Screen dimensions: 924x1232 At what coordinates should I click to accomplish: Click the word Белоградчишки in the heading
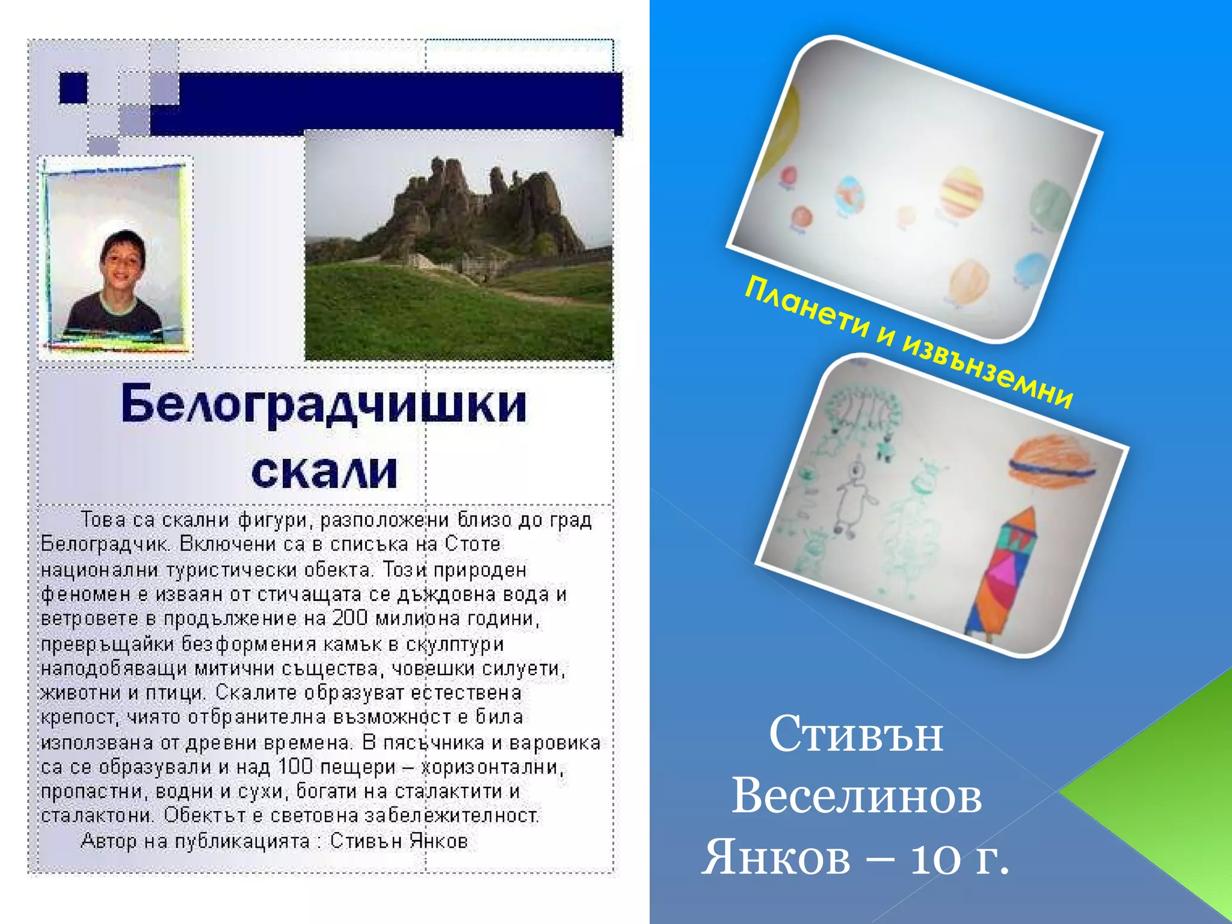pos(324,404)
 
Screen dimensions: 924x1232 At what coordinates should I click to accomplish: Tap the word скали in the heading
pos(324,470)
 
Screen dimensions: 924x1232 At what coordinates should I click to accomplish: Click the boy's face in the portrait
pos(123,260)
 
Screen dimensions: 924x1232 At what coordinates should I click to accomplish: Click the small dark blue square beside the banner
pos(73,88)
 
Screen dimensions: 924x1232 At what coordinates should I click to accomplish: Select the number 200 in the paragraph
pos(350,618)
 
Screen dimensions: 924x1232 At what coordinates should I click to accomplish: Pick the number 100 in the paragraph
pos(295,766)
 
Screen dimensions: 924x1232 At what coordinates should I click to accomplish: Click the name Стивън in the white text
pos(855,734)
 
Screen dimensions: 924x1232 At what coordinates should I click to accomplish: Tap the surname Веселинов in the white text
pos(857,795)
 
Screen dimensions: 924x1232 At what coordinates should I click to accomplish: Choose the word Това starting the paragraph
pos(103,519)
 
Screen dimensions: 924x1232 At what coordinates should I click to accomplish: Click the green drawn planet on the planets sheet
pos(1050,205)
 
